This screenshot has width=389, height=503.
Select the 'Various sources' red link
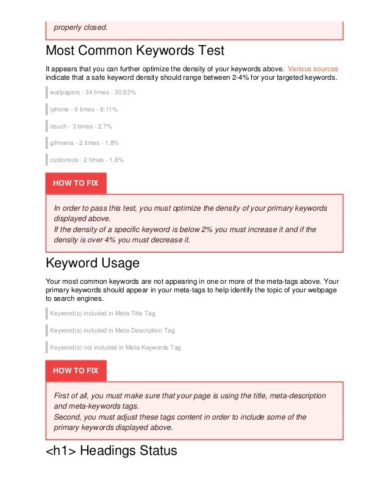click(x=313, y=68)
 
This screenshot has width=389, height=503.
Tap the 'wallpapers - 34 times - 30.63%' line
click(x=93, y=93)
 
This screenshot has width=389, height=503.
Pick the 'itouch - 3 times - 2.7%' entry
click(x=81, y=126)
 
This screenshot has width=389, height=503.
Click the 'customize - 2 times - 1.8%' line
click(x=87, y=160)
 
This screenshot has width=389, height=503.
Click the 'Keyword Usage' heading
click(x=93, y=264)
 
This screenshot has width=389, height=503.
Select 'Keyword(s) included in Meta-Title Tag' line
click(x=102, y=314)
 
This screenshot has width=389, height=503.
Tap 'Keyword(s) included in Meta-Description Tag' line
click(x=112, y=330)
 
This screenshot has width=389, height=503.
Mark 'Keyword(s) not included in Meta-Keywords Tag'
click(x=115, y=347)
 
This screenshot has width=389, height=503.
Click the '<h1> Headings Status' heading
click(x=112, y=451)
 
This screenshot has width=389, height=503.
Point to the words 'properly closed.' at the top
click(x=80, y=27)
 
